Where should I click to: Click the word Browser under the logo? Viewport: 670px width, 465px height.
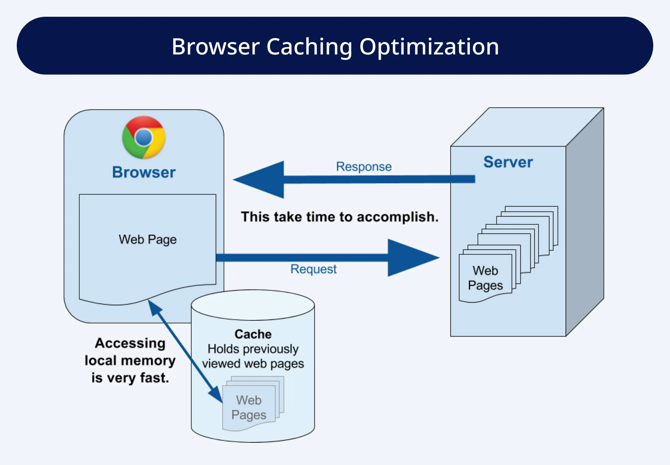pos(144,172)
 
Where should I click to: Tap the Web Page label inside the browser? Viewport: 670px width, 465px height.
pos(148,240)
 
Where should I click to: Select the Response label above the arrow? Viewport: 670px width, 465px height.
pos(364,167)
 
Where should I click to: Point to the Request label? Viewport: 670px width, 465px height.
pos(313,269)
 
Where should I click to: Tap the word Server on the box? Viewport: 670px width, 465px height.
pos(508,162)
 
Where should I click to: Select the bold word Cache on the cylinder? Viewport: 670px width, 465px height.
pos(253,334)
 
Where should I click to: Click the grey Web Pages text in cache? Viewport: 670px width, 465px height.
pos(249,407)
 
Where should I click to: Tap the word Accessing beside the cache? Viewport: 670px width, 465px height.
pos(130,343)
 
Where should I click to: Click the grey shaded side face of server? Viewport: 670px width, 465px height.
pos(585,222)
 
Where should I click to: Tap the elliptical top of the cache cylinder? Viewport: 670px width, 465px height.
pos(253,305)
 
